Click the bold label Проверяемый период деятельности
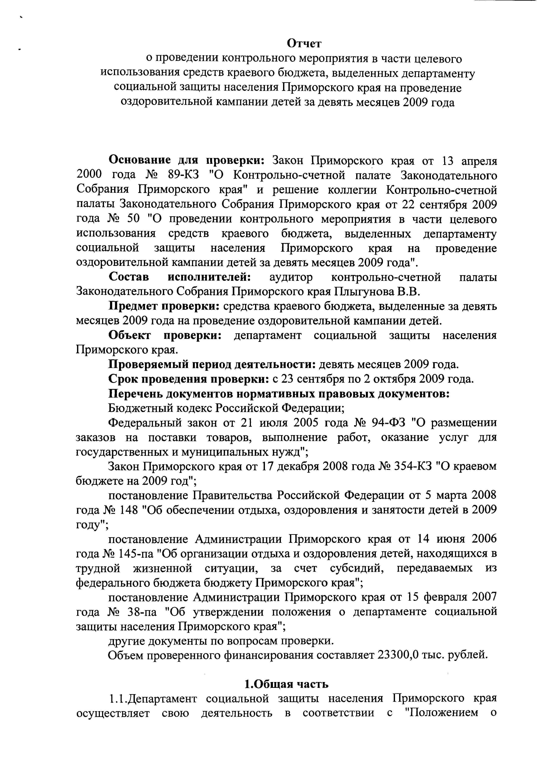point(212,365)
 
